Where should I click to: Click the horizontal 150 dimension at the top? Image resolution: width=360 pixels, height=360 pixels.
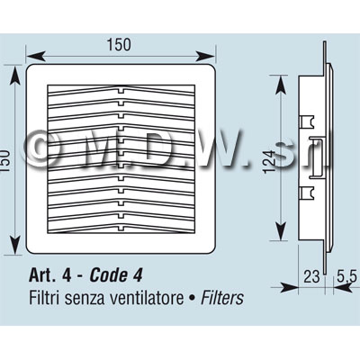[119, 44]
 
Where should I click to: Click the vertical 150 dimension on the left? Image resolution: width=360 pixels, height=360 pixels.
[5, 161]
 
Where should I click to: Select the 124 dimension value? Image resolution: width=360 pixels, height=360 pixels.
[269, 161]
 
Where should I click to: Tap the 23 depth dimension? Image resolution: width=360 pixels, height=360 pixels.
[311, 276]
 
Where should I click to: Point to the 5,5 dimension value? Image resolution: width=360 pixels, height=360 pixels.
[346, 276]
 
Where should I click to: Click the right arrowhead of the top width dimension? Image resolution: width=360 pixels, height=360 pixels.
[205, 56]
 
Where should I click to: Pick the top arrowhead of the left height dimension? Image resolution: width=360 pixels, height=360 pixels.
[15, 75]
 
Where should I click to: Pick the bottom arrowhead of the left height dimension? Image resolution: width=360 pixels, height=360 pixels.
[15, 245]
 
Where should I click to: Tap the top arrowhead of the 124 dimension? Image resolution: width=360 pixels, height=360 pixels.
[280, 85]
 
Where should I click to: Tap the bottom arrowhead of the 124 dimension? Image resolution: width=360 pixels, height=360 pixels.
[280, 230]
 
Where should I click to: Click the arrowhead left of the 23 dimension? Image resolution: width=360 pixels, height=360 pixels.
[289, 287]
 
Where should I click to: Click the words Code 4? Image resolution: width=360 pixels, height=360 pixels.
[116, 275]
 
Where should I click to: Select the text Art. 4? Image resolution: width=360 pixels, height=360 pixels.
[50, 275]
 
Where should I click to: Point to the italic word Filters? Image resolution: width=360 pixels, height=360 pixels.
[222, 298]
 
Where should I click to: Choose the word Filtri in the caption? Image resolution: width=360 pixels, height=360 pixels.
[45, 298]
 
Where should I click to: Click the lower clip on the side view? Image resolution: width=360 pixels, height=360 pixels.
[307, 193]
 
